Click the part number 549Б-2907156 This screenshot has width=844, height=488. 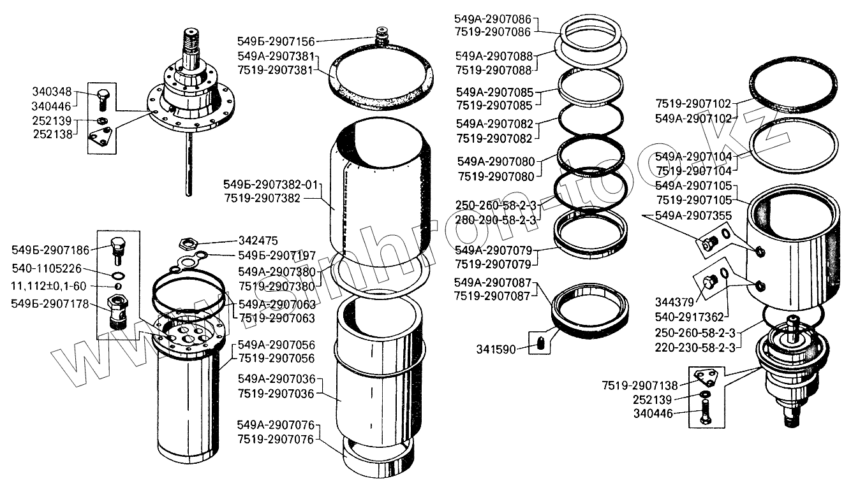tap(275, 41)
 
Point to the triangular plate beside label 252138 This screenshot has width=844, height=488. tap(101, 138)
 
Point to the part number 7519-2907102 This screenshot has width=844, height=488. tap(693, 103)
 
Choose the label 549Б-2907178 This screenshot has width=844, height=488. tap(48, 303)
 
